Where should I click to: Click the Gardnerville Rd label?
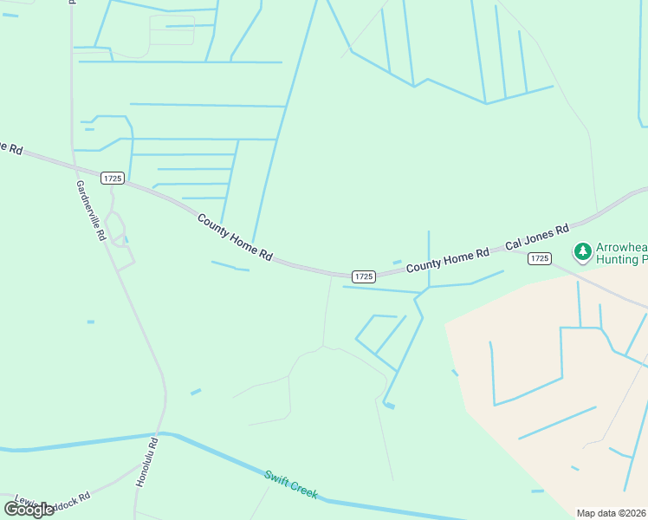click(90, 211)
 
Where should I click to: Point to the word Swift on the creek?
click(279, 479)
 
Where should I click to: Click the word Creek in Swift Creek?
click(304, 491)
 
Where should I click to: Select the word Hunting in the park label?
click(617, 259)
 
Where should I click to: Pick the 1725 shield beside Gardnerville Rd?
click(112, 178)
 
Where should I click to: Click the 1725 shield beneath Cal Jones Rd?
click(540, 258)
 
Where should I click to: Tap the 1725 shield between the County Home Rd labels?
click(364, 276)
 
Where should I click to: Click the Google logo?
click(29, 509)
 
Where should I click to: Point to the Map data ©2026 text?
click(612, 513)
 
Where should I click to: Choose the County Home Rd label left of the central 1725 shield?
click(235, 238)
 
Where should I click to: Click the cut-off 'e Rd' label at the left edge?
click(10, 147)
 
